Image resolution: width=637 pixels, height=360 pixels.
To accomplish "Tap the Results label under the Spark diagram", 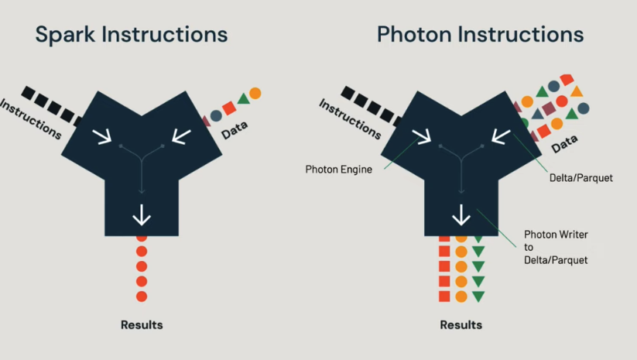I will pos(142,324).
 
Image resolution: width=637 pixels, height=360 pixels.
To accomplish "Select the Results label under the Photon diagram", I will pos(461,324).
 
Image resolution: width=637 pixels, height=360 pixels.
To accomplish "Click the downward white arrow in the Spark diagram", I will pos(142,214).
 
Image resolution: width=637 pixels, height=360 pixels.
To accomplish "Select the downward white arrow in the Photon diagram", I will pos(462,214).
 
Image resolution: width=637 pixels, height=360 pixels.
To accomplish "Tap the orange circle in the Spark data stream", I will pos(255,93).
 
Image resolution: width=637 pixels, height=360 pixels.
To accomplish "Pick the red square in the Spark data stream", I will pos(229,108).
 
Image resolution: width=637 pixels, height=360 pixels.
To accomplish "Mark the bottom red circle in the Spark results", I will pos(142,297).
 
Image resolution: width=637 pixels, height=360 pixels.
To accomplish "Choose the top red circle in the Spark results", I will pos(142,238).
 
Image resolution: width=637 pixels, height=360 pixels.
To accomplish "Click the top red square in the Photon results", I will pos(445,238).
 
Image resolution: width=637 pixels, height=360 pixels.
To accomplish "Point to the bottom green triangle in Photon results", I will pos(478,297).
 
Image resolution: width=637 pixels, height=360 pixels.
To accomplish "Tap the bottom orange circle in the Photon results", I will pos(461,297).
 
